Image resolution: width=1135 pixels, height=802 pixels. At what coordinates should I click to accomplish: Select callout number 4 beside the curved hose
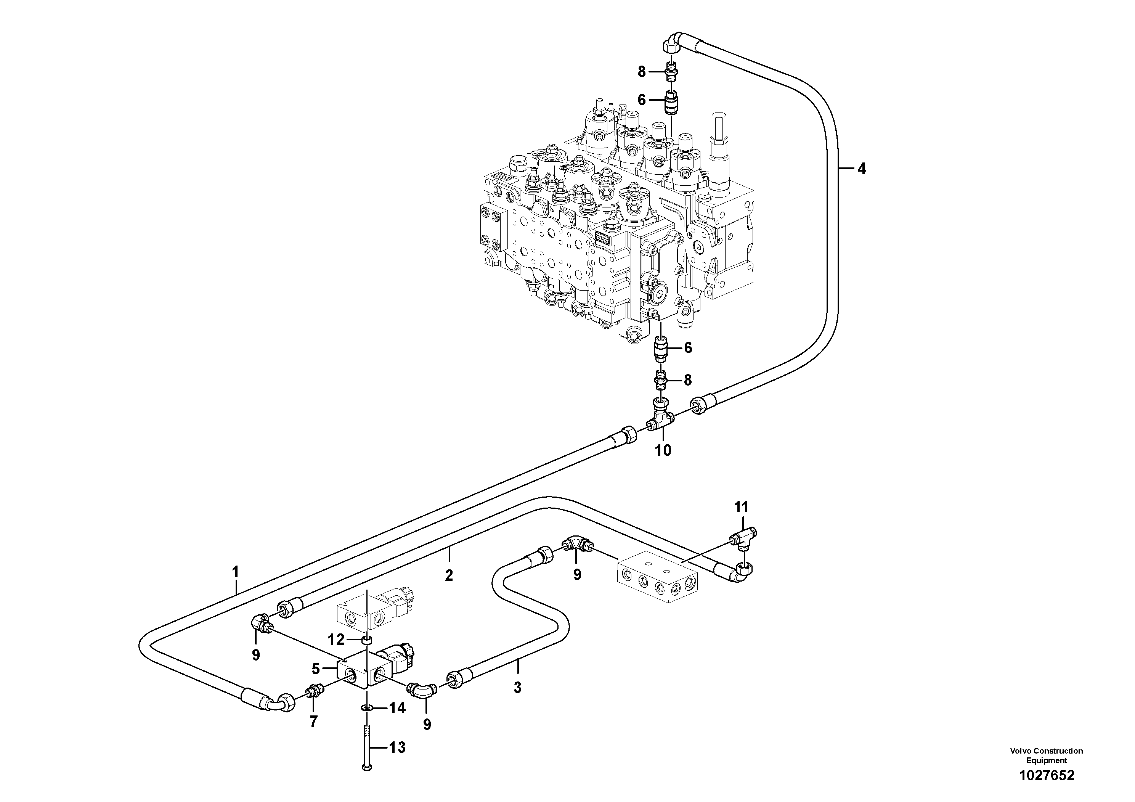click(862, 169)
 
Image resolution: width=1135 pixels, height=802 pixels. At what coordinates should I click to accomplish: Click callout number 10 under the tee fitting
click(663, 450)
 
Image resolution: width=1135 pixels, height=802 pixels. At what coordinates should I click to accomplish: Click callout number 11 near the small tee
click(741, 507)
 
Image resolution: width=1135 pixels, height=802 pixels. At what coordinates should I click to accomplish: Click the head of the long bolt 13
click(366, 781)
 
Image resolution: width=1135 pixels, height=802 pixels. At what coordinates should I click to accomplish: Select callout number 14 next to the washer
click(397, 708)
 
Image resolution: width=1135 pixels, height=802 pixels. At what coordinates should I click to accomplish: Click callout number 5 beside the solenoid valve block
click(316, 669)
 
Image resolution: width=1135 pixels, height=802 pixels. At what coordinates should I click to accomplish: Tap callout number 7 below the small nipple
click(313, 722)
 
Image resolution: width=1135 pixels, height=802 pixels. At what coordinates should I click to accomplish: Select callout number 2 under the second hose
click(448, 575)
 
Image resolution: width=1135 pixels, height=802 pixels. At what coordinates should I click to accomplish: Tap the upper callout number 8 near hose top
click(642, 72)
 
